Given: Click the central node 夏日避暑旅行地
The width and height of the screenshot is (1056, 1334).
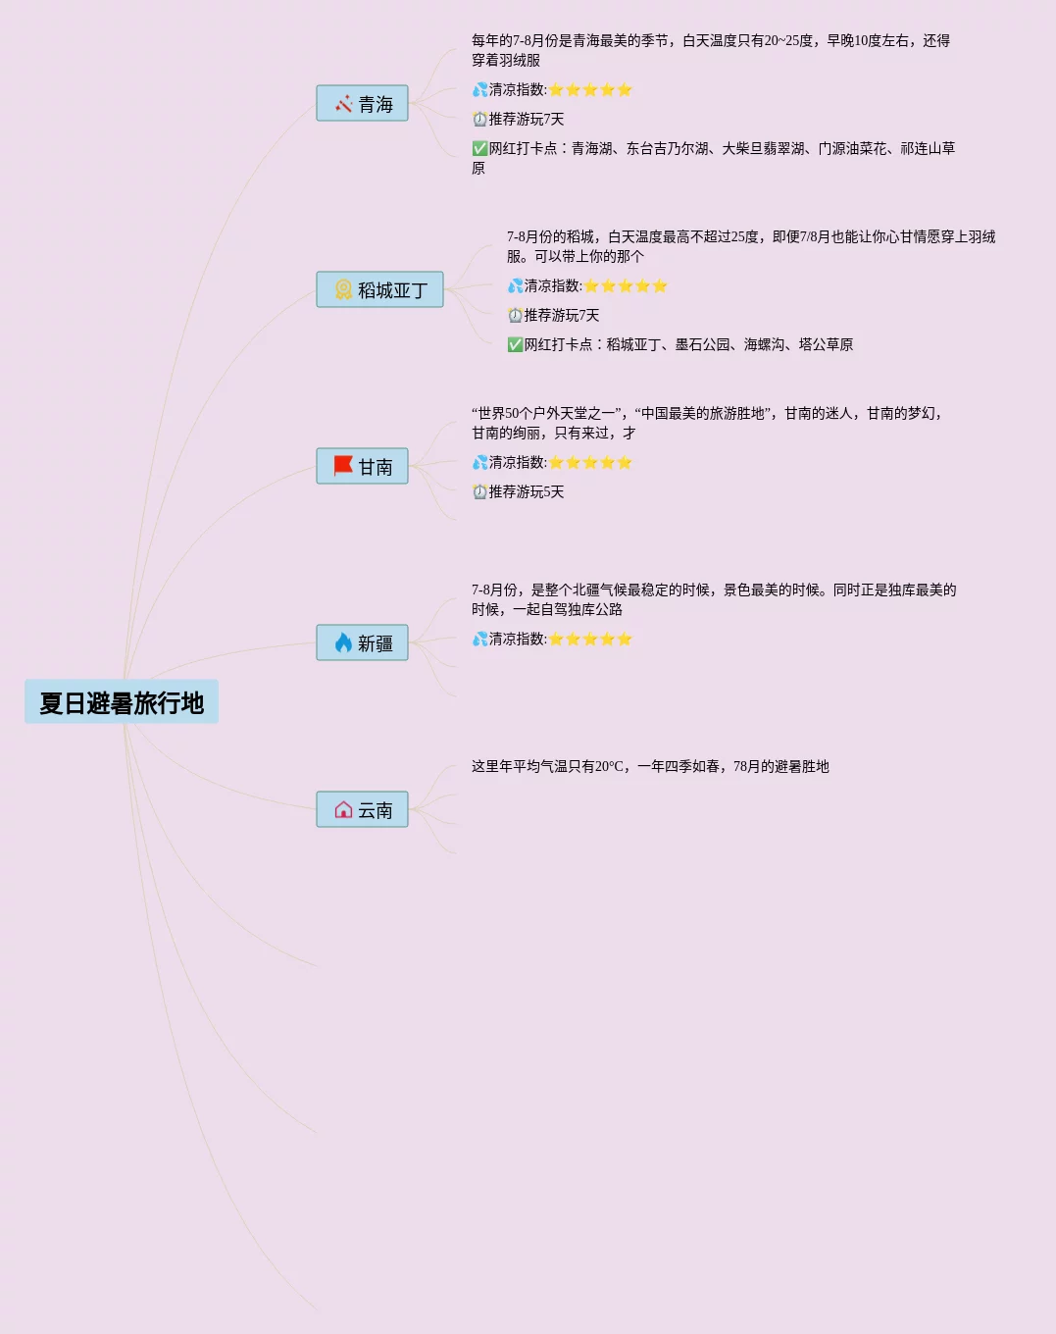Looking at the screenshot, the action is tap(122, 702).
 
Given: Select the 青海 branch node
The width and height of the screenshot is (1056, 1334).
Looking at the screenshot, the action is tap(362, 104).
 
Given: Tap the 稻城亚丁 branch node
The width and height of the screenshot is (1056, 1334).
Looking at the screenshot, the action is tap(379, 290).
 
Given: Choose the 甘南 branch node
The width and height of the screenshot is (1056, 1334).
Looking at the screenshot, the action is tap(362, 467).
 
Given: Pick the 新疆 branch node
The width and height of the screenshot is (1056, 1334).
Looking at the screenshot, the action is tap(362, 643).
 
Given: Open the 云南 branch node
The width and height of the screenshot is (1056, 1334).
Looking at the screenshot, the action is tap(362, 810).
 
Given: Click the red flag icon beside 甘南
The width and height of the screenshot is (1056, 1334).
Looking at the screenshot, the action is tap(343, 466).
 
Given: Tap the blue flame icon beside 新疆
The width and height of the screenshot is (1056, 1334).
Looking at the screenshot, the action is tap(343, 643).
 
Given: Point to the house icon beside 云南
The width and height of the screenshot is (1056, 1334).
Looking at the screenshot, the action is tap(343, 810).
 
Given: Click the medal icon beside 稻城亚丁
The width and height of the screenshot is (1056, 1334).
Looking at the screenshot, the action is tap(343, 290).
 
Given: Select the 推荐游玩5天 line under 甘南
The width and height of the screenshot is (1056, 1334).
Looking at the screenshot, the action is tap(526, 492).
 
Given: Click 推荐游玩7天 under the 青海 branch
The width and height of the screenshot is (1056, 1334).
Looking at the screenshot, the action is tap(526, 120).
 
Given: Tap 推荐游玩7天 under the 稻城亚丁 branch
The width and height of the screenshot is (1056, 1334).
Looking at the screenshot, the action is tap(561, 316).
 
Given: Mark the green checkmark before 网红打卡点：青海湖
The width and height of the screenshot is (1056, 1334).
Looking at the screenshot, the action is tap(479, 149).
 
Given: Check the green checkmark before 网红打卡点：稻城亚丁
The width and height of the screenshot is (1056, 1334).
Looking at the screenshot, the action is tap(515, 345).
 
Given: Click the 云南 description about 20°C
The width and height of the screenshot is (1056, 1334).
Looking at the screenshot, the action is tap(650, 767).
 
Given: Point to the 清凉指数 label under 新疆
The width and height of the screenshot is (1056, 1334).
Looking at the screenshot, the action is tap(518, 640).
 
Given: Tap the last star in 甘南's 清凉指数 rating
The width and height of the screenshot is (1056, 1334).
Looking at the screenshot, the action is tap(625, 463).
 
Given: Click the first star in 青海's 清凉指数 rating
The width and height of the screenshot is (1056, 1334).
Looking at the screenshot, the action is tap(556, 90).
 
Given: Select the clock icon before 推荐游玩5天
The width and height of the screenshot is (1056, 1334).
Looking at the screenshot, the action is tap(479, 492).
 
